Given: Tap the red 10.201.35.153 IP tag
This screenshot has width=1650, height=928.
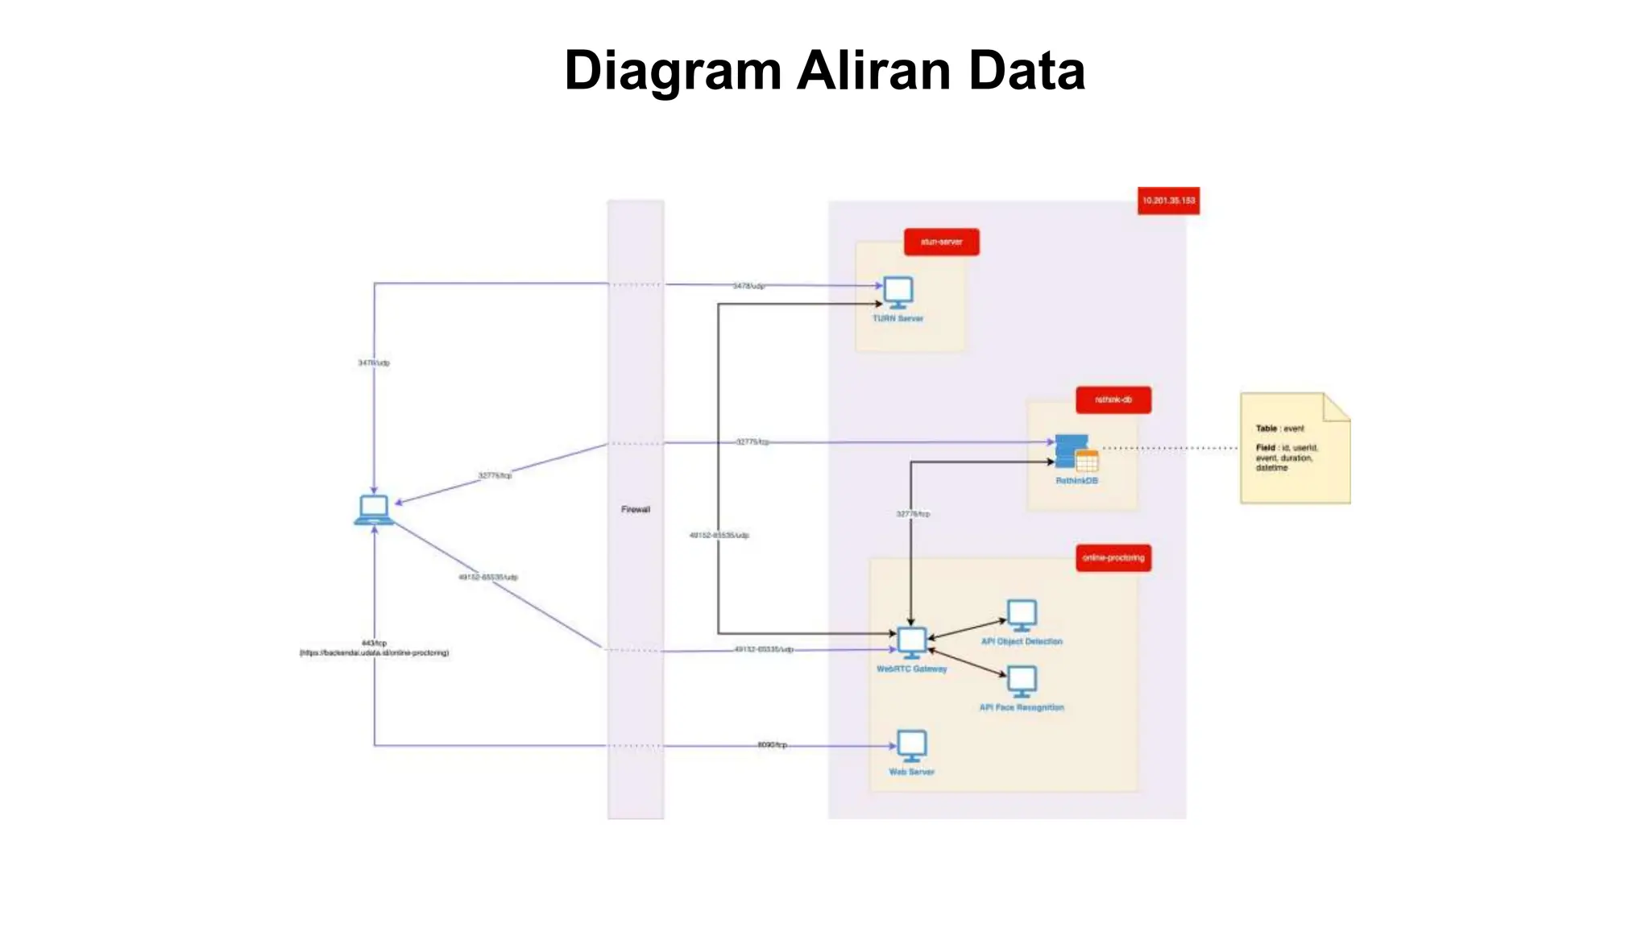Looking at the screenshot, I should [x=1168, y=201].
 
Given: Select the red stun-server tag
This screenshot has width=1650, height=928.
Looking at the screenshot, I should [x=941, y=242].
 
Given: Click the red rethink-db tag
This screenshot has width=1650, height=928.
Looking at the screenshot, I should [x=1113, y=400].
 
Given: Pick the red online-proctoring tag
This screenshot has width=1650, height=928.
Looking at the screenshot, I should [x=1113, y=557].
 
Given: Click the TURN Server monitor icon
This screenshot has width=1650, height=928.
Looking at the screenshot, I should [x=898, y=292].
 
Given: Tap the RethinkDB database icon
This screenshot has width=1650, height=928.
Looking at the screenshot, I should [x=1076, y=454].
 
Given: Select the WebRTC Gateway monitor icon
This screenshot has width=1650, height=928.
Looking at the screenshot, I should [x=912, y=643].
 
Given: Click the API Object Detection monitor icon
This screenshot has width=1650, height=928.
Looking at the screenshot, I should [x=1022, y=615].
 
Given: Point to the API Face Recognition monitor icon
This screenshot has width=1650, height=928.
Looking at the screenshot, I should [x=1022, y=681].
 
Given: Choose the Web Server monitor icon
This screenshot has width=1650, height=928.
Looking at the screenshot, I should [x=912, y=746].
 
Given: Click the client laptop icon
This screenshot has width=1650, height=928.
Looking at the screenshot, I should [x=374, y=510].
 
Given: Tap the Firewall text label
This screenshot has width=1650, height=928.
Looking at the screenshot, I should [x=636, y=509].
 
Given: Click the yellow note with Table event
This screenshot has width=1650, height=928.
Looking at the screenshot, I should [x=1294, y=449].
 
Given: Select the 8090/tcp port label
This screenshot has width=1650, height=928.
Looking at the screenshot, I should [x=772, y=745].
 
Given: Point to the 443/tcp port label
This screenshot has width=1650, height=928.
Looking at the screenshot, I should [x=374, y=643].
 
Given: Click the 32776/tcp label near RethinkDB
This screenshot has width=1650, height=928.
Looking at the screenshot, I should [x=913, y=514].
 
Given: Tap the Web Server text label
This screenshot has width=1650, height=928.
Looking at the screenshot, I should [x=911, y=772].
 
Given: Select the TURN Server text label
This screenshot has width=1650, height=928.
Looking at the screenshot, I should [x=898, y=319].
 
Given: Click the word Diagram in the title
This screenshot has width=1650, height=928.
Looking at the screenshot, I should [x=673, y=71].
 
